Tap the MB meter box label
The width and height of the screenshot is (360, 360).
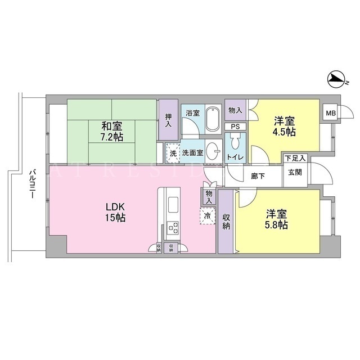331,113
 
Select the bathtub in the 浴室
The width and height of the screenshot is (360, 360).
213,119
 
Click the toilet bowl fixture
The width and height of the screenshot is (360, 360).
235,141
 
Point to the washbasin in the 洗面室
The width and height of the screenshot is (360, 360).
213,151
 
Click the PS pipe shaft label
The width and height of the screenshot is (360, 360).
235,127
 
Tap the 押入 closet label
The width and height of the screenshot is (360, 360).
168,120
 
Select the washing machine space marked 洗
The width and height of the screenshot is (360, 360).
173,153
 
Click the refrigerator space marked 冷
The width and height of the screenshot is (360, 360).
208,215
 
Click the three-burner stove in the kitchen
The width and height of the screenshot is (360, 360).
173,227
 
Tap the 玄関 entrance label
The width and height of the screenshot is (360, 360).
295,172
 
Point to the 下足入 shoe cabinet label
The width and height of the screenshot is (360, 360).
295,158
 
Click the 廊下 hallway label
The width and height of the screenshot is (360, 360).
258,176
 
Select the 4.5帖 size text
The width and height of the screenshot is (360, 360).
284,132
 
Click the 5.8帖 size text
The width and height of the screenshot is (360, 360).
276,225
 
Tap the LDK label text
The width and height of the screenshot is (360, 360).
115,207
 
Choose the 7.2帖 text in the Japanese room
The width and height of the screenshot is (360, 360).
112,137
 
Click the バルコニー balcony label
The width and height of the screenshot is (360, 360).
33,184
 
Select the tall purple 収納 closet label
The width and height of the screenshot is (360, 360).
226,222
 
